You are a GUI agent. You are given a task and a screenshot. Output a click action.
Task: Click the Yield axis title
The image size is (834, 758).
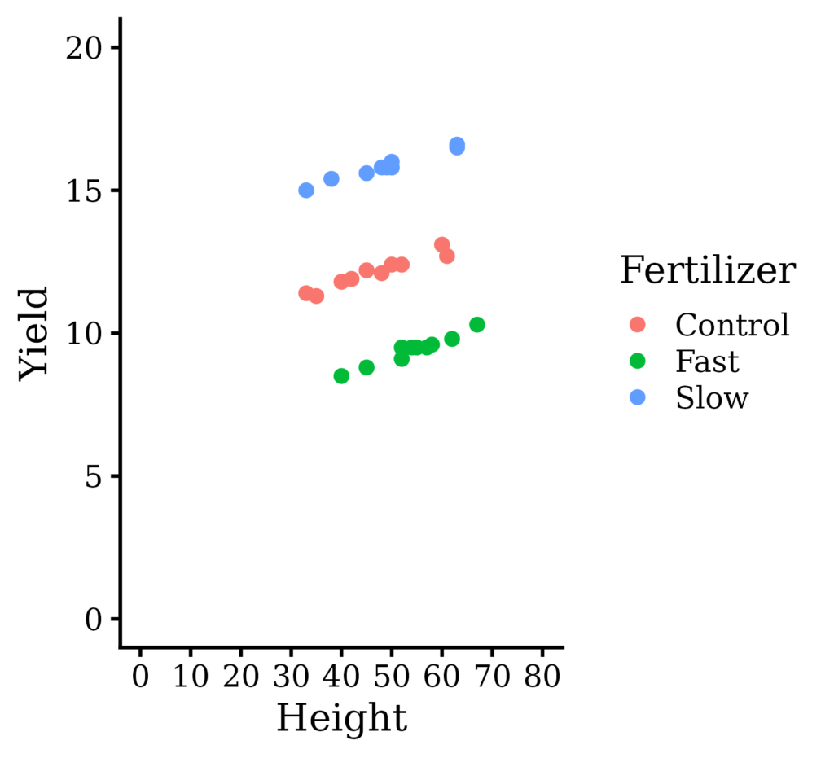pyautogui.click(x=34, y=332)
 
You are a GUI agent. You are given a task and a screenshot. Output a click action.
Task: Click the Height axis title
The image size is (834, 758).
pyautogui.click(x=341, y=719)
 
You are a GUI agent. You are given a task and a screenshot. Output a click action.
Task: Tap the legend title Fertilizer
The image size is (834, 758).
pyautogui.click(x=707, y=270)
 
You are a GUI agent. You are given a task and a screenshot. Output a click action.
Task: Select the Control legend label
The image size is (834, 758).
pyautogui.click(x=732, y=325)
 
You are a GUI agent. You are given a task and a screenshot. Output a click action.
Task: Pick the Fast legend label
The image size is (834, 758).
pyautogui.click(x=707, y=361)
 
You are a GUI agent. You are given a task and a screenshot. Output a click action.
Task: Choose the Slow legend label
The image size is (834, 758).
pyautogui.click(x=711, y=397)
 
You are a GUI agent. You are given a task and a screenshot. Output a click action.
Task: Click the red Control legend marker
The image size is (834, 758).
pyautogui.click(x=638, y=325)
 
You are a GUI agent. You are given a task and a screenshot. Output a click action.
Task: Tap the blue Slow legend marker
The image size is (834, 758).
pyautogui.click(x=638, y=397)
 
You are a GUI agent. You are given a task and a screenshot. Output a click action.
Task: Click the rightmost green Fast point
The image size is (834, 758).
pyautogui.click(x=477, y=325)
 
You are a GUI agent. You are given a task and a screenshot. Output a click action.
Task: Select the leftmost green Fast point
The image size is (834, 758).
pyautogui.click(x=341, y=376)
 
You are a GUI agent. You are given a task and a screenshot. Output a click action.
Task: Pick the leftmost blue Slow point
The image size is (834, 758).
pyautogui.click(x=306, y=191)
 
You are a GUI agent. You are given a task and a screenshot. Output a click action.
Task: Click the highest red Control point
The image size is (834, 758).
pyautogui.click(x=442, y=245)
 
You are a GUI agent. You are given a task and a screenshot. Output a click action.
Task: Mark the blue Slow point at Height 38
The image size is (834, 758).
pyautogui.click(x=331, y=179)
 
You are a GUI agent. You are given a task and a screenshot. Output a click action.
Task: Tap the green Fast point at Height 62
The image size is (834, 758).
pyautogui.click(x=452, y=339)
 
